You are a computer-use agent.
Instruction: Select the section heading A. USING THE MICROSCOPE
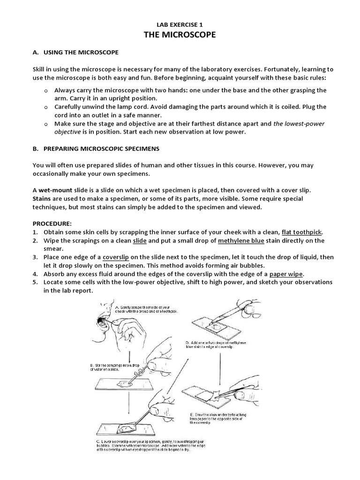[x=75, y=52]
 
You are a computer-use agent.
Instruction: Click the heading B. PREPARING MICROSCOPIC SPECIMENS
[x=96, y=149]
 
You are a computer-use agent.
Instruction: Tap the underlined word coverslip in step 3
[x=116, y=257]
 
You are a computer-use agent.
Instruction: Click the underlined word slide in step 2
[x=140, y=240]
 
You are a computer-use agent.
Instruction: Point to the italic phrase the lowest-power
[x=299, y=124]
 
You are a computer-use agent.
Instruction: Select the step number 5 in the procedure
[x=35, y=282]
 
